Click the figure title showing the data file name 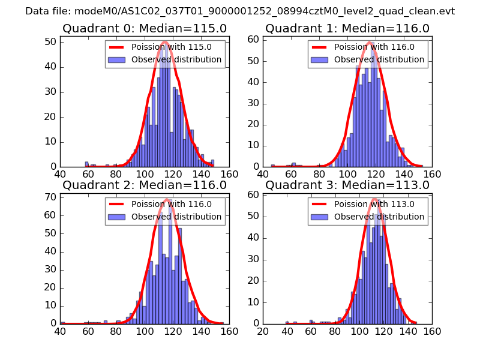click(x=240, y=11)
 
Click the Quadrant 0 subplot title click(x=145, y=29)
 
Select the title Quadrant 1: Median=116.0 click(x=347, y=29)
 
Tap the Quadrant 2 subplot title click(x=145, y=185)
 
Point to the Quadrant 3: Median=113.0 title click(x=347, y=185)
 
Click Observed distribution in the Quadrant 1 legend click(x=379, y=60)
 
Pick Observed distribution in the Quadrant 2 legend click(x=176, y=217)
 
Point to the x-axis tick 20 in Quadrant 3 click(x=263, y=331)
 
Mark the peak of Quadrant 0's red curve click(x=165, y=41)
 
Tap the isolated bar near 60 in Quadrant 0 click(x=86, y=164)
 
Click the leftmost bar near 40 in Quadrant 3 click(x=287, y=322)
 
